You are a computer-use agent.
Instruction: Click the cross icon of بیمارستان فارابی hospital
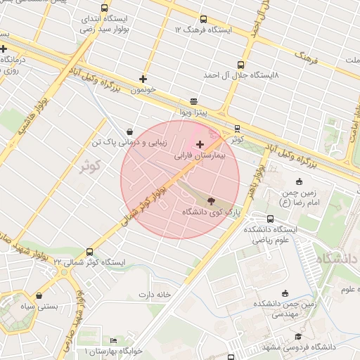click(x=200, y=143)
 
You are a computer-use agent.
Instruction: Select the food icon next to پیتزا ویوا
click(x=194, y=101)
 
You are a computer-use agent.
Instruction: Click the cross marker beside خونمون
click(x=143, y=79)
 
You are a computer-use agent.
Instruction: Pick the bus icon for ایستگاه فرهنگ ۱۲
click(x=203, y=20)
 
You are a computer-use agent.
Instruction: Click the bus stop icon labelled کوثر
click(x=237, y=129)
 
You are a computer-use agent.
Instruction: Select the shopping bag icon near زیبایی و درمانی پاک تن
click(x=129, y=131)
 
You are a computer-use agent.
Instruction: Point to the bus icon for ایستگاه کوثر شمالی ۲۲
click(x=89, y=252)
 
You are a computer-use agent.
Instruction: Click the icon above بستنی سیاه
click(x=38, y=295)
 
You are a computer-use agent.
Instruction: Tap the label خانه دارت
click(x=155, y=294)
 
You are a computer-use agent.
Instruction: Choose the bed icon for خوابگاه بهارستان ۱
click(x=114, y=341)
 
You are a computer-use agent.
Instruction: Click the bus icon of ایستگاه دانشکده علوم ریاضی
click(x=271, y=218)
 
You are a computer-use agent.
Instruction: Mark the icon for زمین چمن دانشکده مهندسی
click(x=285, y=293)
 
